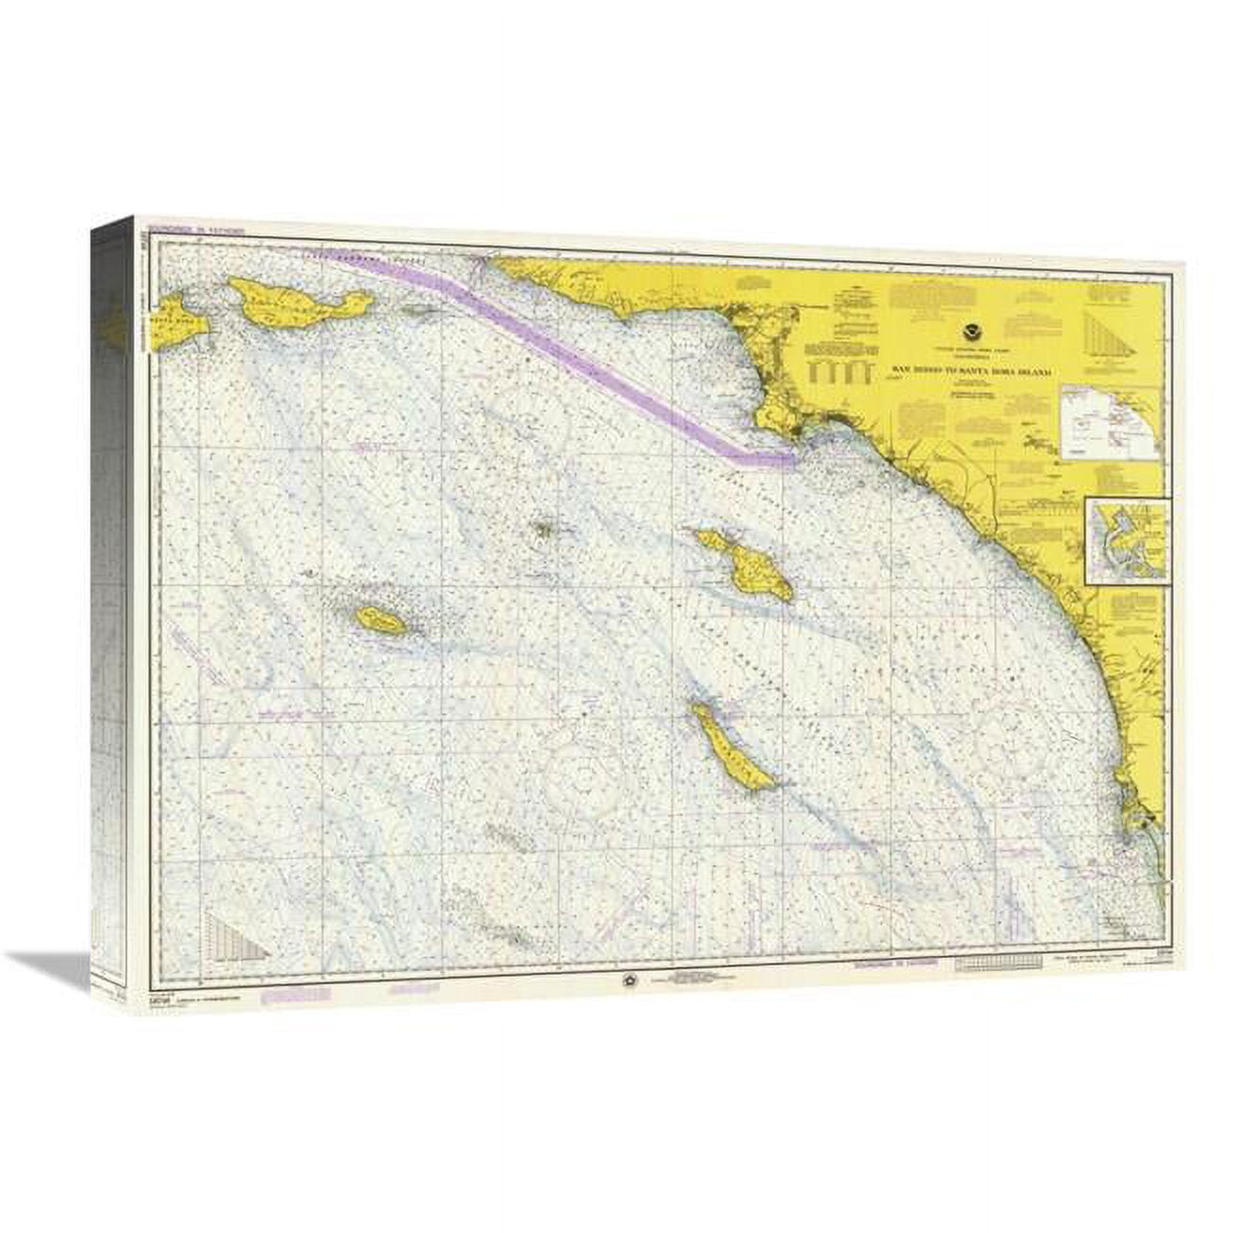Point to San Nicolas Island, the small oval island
(380, 620)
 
